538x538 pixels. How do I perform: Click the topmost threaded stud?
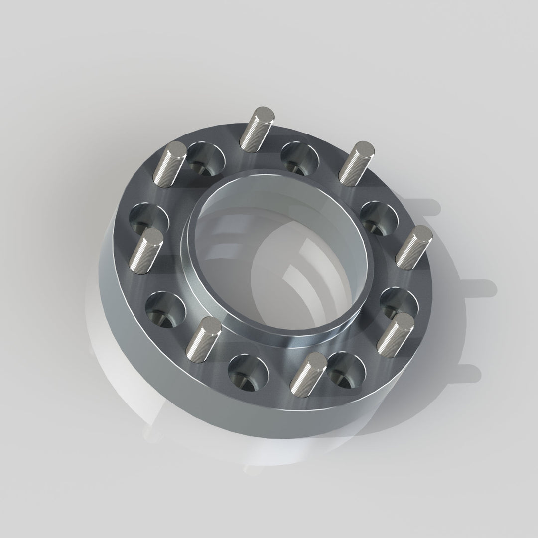(x=256, y=128)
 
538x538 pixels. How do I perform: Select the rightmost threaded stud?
(x=414, y=246)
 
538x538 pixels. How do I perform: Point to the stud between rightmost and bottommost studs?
(x=396, y=333)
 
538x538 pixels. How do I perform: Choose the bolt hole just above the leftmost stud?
(x=148, y=219)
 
